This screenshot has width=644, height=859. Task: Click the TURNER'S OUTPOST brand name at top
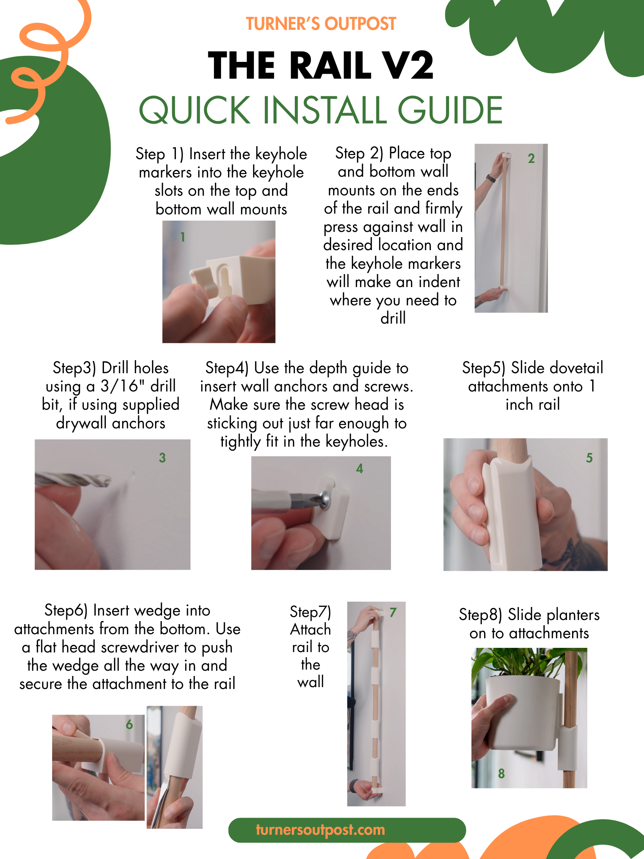coord(321,24)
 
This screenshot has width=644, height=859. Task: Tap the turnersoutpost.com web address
coord(320,830)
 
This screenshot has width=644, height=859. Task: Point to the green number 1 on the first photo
coord(183,237)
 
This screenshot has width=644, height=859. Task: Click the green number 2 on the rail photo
coord(531,158)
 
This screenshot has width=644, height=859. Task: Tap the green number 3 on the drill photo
coord(162,458)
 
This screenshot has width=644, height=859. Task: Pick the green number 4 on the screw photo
coord(360,468)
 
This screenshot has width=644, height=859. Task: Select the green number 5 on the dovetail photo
coord(589,458)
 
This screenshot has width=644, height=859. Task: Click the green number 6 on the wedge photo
coord(129,724)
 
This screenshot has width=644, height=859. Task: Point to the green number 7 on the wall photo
coord(393,613)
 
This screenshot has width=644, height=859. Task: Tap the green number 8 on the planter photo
coord(501,774)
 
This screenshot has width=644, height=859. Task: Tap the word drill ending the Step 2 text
coord(393,318)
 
